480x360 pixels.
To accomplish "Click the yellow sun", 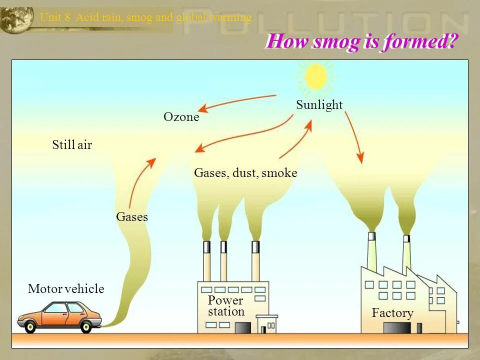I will click(316, 77).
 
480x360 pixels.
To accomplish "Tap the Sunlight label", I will click(319, 105).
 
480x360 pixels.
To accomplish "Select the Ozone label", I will click(181, 117).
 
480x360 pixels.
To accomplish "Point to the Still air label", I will click(72, 145).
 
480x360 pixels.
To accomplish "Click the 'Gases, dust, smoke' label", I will click(245, 173).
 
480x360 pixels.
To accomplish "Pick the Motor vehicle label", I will click(66, 289).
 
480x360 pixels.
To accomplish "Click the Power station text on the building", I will click(226, 306).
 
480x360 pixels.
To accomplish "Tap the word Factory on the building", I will click(392, 313).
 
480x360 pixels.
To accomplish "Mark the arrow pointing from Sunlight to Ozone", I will click(235, 102).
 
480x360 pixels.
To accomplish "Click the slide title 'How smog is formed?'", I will click(361, 41).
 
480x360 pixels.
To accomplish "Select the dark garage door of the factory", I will click(397, 328).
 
